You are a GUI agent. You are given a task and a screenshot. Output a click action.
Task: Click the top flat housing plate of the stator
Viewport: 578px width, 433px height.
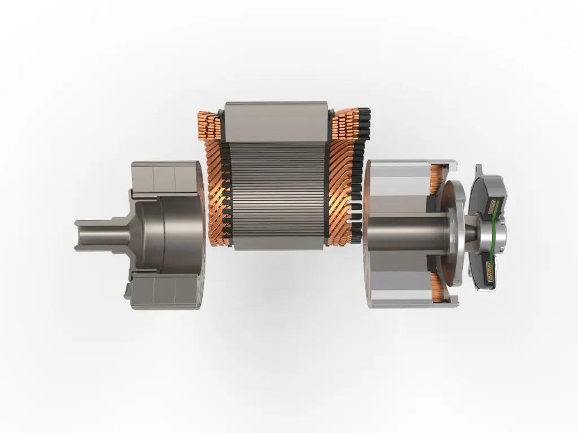click(x=276, y=121)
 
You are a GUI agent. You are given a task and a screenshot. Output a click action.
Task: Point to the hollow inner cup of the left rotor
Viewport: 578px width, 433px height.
click(x=169, y=234)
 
